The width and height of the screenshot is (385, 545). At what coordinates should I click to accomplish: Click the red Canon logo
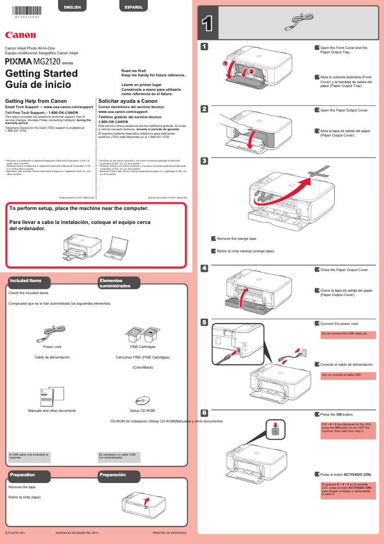coord(20,35)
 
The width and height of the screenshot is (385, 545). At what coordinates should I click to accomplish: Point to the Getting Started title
coord(41,74)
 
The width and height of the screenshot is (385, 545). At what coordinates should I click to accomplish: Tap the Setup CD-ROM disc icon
coord(143,400)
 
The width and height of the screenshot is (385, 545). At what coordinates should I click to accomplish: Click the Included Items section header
coord(26,281)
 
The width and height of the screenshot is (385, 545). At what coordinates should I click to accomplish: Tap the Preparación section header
coord(113,475)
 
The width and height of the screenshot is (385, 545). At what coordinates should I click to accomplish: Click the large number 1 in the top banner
coord(207,24)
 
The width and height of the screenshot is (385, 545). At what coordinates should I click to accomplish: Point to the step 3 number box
coord(204,161)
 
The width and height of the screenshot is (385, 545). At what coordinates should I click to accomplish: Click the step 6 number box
coord(204,413)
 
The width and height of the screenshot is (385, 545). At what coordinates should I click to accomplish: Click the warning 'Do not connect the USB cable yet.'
coord(348,334)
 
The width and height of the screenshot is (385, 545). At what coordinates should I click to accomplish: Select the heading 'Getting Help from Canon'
coord(35,101)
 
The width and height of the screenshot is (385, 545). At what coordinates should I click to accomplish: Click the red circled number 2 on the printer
coord(249,71)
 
